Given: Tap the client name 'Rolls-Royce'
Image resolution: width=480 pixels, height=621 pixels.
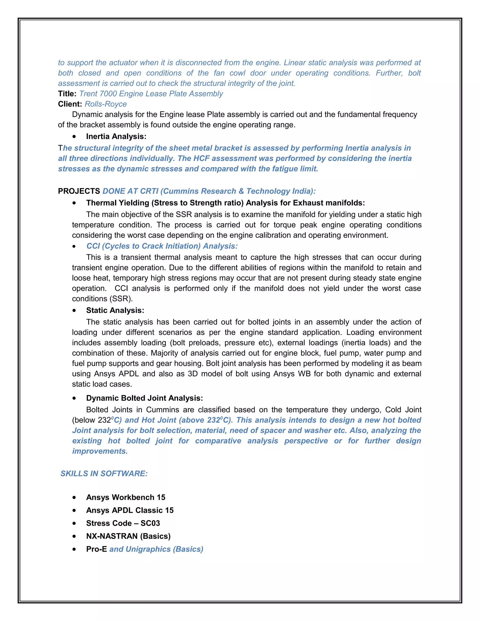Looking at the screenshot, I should click(x=105, y=104).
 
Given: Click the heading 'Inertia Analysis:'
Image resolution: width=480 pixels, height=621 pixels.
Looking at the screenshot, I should click(x=116, y=136).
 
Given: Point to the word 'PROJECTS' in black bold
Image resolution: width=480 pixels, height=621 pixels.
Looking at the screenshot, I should click(x=79, y=191).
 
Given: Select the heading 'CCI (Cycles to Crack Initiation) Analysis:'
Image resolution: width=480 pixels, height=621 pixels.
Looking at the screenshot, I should click(x=162, y=246).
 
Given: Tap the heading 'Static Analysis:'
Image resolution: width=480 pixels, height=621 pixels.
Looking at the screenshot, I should click(x=115, y=310).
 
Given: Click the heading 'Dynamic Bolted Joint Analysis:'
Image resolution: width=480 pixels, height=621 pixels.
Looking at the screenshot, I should click(x=144, y=398).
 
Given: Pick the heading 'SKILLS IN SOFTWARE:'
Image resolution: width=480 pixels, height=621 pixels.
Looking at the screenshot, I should click(x=104, y=473).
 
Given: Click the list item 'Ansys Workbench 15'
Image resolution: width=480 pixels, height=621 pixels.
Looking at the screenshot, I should click(x=125, y=497).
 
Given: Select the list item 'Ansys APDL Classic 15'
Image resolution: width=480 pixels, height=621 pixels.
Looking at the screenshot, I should click(x=130, y=510).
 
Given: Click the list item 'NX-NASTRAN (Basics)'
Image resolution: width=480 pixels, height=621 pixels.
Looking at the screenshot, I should click(x=128, y=536).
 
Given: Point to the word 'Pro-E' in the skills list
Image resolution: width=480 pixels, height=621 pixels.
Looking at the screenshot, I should click(x=96, y=549).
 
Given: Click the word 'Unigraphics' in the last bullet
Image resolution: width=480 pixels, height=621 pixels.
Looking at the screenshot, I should click(x=148, y=549).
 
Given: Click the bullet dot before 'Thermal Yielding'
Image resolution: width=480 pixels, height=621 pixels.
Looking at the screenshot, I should click(x=74, y=203).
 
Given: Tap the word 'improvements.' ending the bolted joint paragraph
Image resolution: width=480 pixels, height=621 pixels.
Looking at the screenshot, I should click(x=100, y=451).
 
